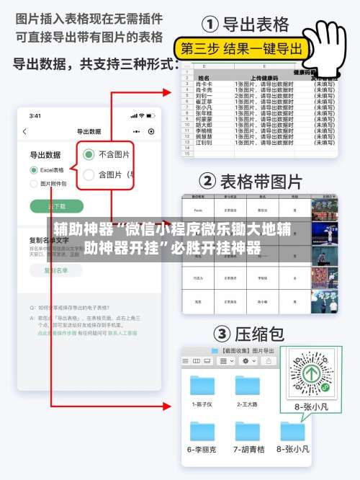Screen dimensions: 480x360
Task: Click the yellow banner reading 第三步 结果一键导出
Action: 241,49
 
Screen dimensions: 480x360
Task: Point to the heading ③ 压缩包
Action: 248,334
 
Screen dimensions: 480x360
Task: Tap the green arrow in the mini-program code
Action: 310,373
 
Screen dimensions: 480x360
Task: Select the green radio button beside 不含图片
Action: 89,154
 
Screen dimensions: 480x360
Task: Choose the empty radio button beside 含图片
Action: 89,174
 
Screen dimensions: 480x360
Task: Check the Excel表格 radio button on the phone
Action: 34,170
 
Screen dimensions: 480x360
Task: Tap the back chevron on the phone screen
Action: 25,132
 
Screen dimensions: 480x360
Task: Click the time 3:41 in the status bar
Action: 35,115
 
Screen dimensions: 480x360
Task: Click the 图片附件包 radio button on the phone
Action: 34,184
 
